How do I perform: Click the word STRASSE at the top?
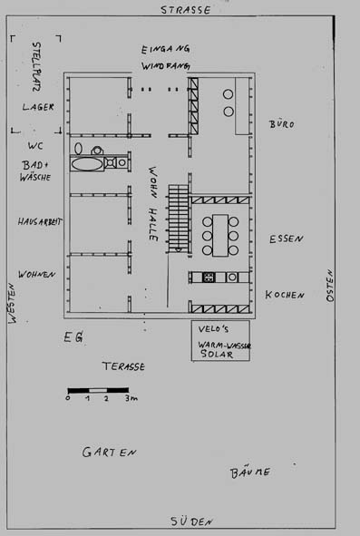click(186, 10)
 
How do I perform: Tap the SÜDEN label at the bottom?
click(192, 521)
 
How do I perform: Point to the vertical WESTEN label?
click(13, 303)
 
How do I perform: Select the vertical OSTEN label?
click(330, 286)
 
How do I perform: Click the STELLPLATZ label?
click(36, 66)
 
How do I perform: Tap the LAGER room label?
click(38, 107)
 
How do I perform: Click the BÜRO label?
click(282, 123)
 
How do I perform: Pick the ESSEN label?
click(287, 239)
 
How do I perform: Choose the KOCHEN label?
click(285, 295)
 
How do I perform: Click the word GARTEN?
click(110, 453)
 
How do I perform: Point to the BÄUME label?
click(250, 473)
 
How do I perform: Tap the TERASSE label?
click(123, 366)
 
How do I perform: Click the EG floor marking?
click(73, 337)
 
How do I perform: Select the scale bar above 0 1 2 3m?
click(98, 390)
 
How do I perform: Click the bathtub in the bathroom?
click(87, 164)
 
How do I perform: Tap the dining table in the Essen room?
click(220, 235)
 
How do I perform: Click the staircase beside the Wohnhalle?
click(179, 219)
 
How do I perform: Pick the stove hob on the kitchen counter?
click(209, 277)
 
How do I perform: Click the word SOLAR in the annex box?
click(217, 354)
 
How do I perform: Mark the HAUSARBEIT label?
click(40, 222)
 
